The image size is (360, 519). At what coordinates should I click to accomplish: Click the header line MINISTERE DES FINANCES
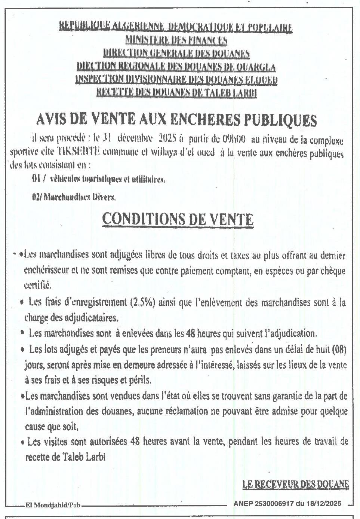point(176,40)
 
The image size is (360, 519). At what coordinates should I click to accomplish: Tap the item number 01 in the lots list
point(36,179)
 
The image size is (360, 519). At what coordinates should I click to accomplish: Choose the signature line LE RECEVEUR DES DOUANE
point(295,484)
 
